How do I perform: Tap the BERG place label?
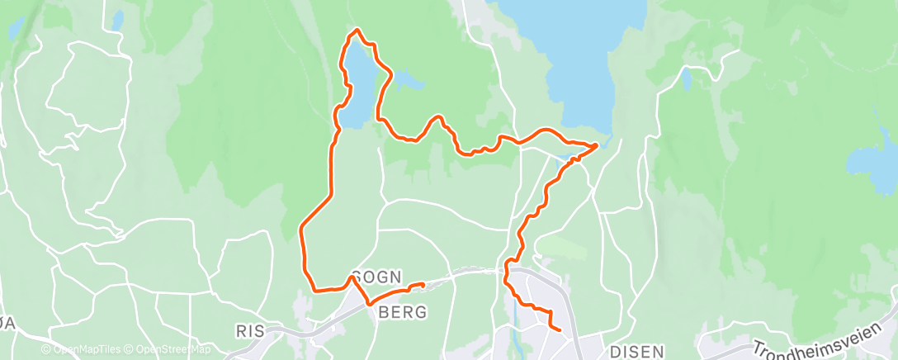pos(403,312)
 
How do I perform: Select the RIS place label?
pos(250,331)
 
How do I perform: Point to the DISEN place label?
pos(639,351)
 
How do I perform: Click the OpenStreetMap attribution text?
pos(169,350)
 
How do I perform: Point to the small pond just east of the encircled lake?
pos(407,79)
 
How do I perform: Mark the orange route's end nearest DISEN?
pos(560,331)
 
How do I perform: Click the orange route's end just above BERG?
pos(423,284)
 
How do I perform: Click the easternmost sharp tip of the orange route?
pos(597,145)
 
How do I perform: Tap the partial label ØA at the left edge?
pos(7,324)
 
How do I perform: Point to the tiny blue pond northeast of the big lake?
pos(686,79)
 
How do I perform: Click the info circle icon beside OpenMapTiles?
pos(47,350)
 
